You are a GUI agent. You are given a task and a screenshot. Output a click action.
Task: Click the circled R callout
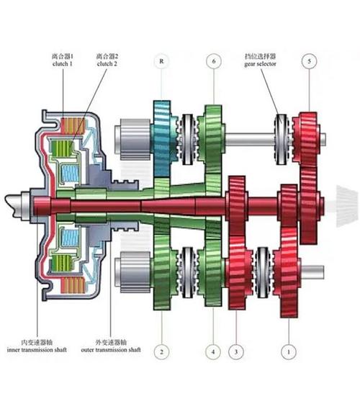[x=161, y=61]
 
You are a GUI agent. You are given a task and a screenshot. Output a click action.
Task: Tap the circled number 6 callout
[x=214, y=61]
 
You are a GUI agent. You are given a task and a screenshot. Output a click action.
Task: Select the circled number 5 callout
[x=309, y=61]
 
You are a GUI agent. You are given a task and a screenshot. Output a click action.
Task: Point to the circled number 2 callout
[x=161, y=352]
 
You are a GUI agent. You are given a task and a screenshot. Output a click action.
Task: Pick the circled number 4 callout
[x=213, y=352]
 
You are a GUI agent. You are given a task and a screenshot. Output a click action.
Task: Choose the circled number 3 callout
[x=236, y=352]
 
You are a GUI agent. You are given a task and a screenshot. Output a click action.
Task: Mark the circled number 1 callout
[x=289, y=352]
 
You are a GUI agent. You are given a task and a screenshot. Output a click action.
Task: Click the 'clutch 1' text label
[x=63, y=64]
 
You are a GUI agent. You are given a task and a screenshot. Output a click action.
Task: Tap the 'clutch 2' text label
[x=107, y=64]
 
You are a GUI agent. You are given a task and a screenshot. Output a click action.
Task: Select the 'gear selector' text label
[x=261, y=64]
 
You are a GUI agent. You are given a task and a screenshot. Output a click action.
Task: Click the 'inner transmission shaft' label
[x=37, y=349]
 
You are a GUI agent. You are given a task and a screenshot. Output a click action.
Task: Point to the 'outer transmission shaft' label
[x=111, y=349]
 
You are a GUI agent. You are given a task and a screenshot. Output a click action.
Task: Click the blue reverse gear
[x=163, y=138]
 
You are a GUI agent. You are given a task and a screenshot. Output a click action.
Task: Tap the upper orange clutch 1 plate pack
[x=73, y=126]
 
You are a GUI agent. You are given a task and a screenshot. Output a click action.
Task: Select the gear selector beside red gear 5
[x=282, y=139]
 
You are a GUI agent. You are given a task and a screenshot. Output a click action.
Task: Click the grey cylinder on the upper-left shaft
[x=134, y=139]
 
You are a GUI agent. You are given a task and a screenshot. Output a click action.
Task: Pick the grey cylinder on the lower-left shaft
[x=134, y=272]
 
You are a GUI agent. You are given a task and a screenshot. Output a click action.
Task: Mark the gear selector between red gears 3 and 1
[x=263, y=272]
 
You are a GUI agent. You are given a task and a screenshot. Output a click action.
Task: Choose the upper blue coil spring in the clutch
[x=70, y=174]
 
